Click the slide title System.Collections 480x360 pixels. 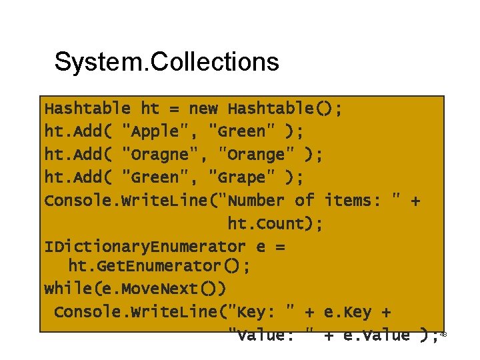point(167,62)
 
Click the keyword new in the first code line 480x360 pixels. point(203,108)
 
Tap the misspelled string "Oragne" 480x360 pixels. point(161,155)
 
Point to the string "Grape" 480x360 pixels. point(237,177)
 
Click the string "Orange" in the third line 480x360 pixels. point(257,155)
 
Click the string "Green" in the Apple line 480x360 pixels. point(237,131)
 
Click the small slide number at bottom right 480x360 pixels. point(443,333)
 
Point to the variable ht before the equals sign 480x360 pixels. point(150,108)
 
